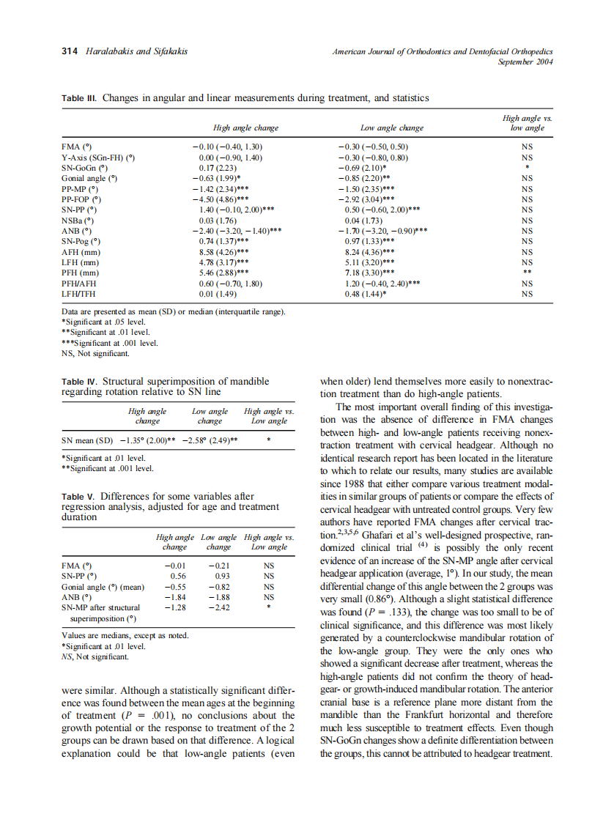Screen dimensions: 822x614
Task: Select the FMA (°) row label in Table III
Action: (x=76, y=147)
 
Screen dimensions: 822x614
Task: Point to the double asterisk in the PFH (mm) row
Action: (x=526, y=273)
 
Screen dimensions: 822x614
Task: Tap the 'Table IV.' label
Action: (x=79, y=382)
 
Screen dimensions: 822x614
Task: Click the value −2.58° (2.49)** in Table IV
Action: (x=210, y=440)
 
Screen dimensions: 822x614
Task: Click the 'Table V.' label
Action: (x=78, y=496)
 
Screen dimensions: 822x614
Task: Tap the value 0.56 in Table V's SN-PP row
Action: (x=175, y=576)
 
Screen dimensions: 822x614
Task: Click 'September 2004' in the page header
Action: (x=525, y=62)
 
